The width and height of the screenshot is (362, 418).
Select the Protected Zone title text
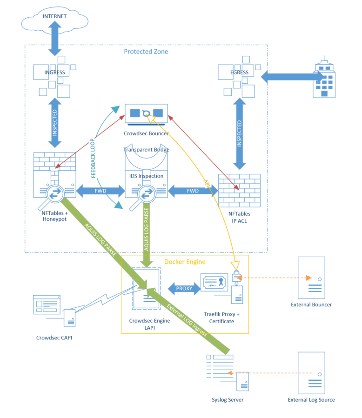point(146,52)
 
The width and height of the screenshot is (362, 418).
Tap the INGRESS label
point(54,73)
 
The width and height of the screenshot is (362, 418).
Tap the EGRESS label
point(239,73)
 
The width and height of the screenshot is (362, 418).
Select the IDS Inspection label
point(146,176)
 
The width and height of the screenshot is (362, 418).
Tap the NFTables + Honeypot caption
point(54,216)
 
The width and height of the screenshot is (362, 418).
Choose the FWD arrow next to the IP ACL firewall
point(193,191)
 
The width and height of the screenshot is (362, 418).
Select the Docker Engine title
point(185,262)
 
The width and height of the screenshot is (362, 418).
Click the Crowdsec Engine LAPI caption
point(149,325)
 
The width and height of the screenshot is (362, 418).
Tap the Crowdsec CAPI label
point(54,338)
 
